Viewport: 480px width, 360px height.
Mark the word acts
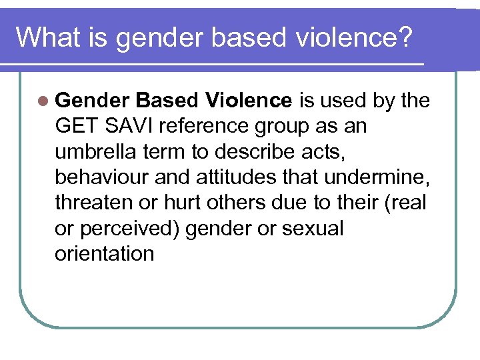(x=325, y=152)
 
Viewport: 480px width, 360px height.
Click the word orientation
(x=105, y=254)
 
